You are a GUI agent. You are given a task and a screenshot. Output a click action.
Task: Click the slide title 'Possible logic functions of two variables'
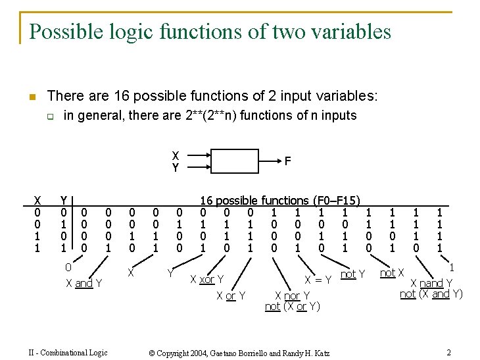pyautogui.click(x=210, y=31)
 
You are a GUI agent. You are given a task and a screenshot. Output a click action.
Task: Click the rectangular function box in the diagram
pyautogui.click(x=228, y=161)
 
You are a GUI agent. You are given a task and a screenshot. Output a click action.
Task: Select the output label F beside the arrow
pyautogui.click(x=287, y=160)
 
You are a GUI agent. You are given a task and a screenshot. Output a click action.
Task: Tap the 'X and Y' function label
pyautogui.click(x=84, y=284)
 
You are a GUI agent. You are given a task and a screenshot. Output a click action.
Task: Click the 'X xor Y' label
pyautogui.click(x=207, y=280)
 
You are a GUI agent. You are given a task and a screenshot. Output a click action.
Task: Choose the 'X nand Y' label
pyautogui.click(x=431, y=284)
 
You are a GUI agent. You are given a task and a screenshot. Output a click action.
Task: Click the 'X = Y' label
pyautogui.click(x=317, y=280)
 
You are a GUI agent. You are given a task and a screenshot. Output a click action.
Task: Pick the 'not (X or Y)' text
pyautogui.click(x=293, y=306)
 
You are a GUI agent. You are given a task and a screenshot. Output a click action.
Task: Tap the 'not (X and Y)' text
pyautogui.click(x=431, y=294)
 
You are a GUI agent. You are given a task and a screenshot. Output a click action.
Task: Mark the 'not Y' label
pyautogui.click(x=352, y=274)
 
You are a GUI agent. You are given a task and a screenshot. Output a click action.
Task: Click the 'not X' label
pyautogui.click(x=392, y=272)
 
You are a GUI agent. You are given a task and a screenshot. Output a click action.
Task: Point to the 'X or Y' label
pyautogui.click(x=231, y=296)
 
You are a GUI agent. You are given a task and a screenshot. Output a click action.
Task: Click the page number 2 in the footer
pyautogui.click(x=448, y=352)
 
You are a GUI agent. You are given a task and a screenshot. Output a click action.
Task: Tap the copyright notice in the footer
pyautogui.click(x=239, y=353)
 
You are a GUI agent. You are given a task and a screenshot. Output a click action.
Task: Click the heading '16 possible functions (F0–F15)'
pyautogui.click(x=279, y=200)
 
